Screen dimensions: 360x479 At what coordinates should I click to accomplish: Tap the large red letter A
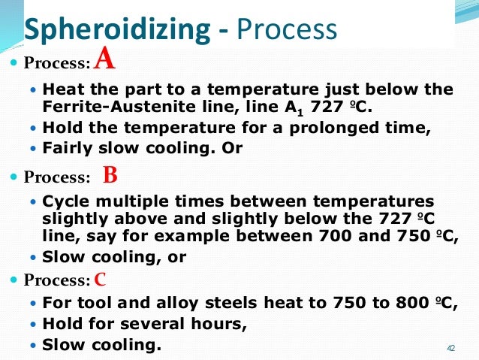point(104,57)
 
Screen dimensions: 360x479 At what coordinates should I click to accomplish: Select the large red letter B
point(110,177)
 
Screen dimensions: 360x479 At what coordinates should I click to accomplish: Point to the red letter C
point(101,280)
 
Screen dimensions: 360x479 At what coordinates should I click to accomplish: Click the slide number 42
point(450,348)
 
